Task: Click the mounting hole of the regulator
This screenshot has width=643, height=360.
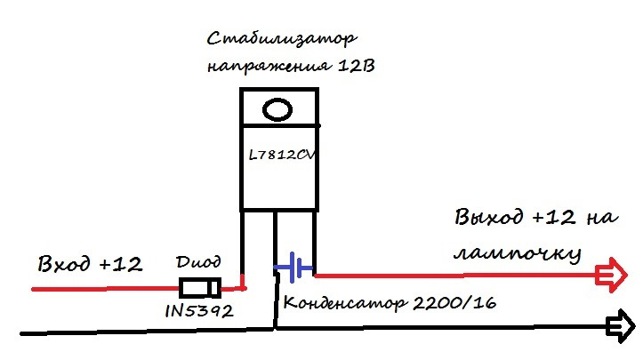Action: pos(278,109)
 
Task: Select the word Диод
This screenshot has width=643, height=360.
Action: pos(197,263)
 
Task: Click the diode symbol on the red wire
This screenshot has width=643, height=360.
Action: pos(199,288)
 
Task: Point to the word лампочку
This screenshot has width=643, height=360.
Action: pos(516,253)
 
